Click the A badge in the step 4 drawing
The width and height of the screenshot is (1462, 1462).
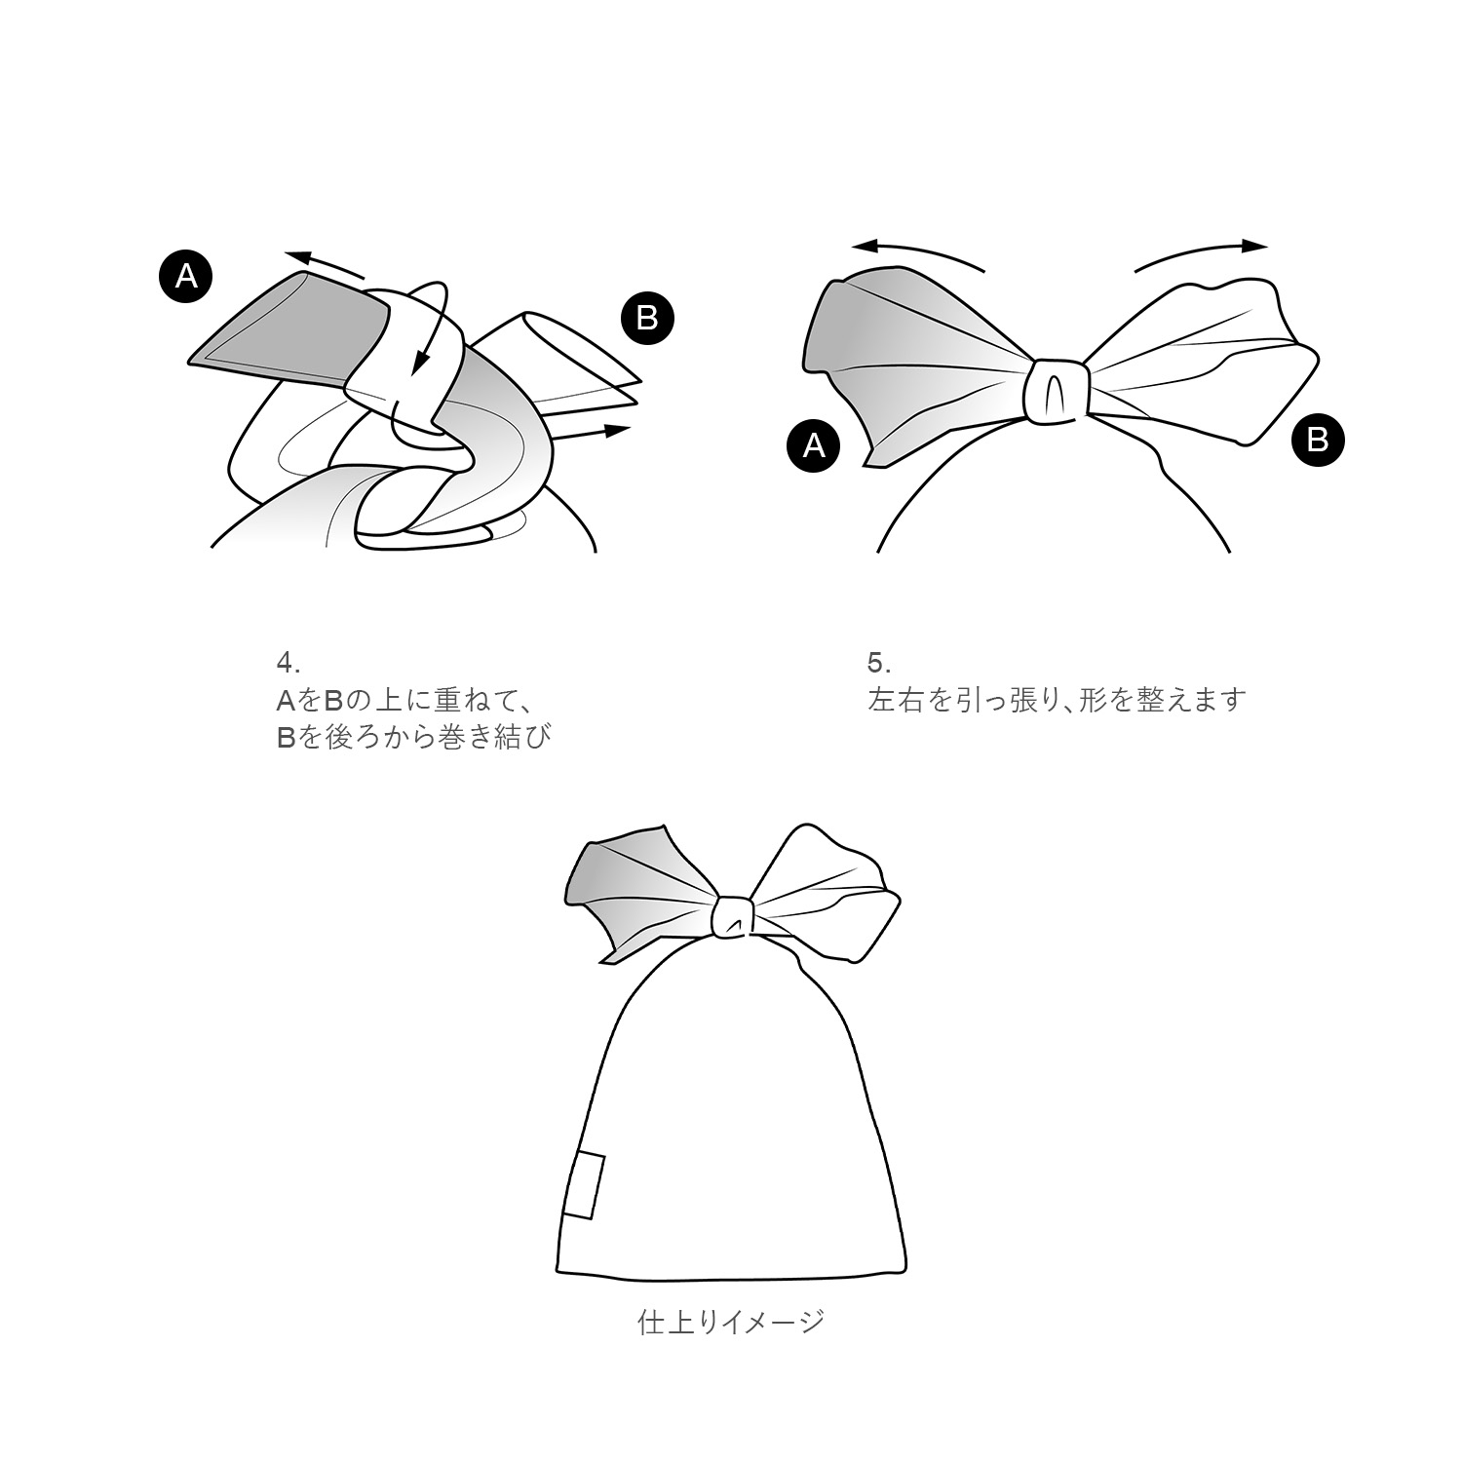click(185, 277)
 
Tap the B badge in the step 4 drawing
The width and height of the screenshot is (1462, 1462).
click(647, 318)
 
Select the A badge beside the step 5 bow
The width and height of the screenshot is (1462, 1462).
click(813, 445)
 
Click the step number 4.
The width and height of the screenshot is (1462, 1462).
click(288, 663)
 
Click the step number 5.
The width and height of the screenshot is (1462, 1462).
click(878, 663)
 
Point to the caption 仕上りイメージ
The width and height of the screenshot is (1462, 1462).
click(731, 1323)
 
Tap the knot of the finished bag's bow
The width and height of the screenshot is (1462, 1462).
click(733, 916)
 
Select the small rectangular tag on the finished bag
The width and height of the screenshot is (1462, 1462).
click(584, 1185)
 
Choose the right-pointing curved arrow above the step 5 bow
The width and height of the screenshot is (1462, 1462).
click(1201, 252)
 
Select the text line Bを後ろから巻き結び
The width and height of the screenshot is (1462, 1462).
click(413, 737)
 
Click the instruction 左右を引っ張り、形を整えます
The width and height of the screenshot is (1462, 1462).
click(1057, 701)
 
